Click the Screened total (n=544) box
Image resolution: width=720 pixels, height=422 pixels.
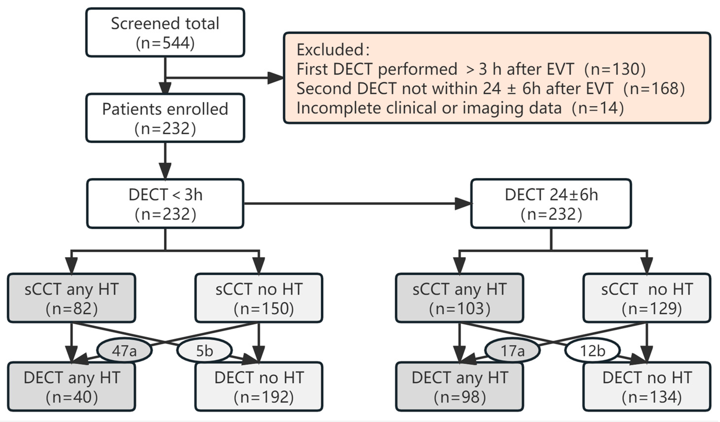165,33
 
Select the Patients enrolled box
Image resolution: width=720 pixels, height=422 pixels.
165,118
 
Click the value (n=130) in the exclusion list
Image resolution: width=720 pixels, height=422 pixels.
615,69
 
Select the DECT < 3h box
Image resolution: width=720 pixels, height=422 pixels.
165,204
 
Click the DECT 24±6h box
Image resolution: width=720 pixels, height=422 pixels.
551,204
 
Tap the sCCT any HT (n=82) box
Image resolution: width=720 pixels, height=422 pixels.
71,298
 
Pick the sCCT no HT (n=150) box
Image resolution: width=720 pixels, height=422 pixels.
259,298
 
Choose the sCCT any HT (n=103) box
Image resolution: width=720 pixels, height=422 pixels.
459,298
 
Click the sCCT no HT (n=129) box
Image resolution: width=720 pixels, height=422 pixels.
647,298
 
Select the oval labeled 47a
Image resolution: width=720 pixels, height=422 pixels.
124,350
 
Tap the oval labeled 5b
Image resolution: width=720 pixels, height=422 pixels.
204,350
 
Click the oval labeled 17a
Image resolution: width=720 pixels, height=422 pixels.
512,350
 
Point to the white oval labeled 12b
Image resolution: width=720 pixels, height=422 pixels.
592,350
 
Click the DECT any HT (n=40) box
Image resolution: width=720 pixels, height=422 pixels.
71,387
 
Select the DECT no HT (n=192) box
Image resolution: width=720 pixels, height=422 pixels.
259,387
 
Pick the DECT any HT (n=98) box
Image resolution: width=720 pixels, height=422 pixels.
459,387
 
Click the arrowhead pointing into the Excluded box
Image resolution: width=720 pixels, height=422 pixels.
275,78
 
